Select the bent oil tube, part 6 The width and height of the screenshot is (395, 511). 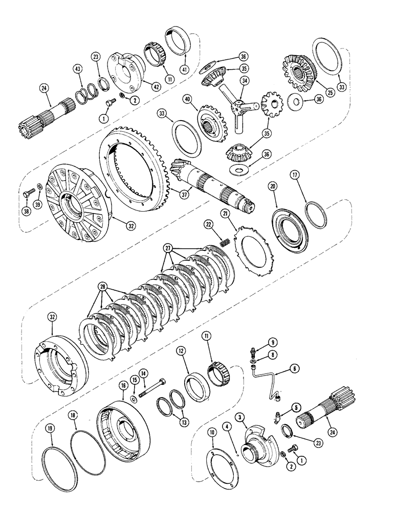pyautogui.click(x=267, y=384)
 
